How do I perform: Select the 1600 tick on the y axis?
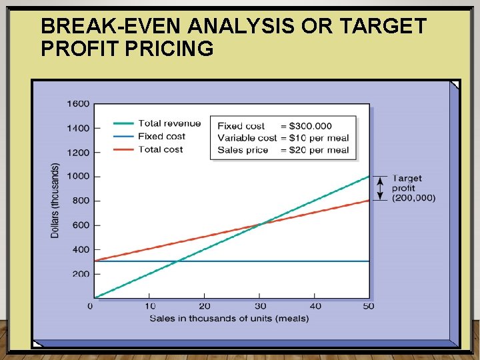click(77, 103)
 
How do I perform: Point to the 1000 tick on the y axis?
click(77, 177)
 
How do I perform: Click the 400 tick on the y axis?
click(80, 249)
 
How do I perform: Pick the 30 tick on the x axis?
click(259, 306)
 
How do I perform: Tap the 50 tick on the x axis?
click(369, 306)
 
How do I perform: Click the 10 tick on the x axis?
click(151, 306)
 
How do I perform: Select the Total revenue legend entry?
click(169, 123)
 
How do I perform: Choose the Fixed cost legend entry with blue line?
click(161, 137)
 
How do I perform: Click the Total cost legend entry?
click(160, 149)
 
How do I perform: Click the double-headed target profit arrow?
click(380, 189)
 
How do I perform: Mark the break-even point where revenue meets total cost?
click(259, 224)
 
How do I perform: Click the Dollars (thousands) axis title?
click(55, 200)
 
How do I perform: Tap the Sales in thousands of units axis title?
click(229, 318)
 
